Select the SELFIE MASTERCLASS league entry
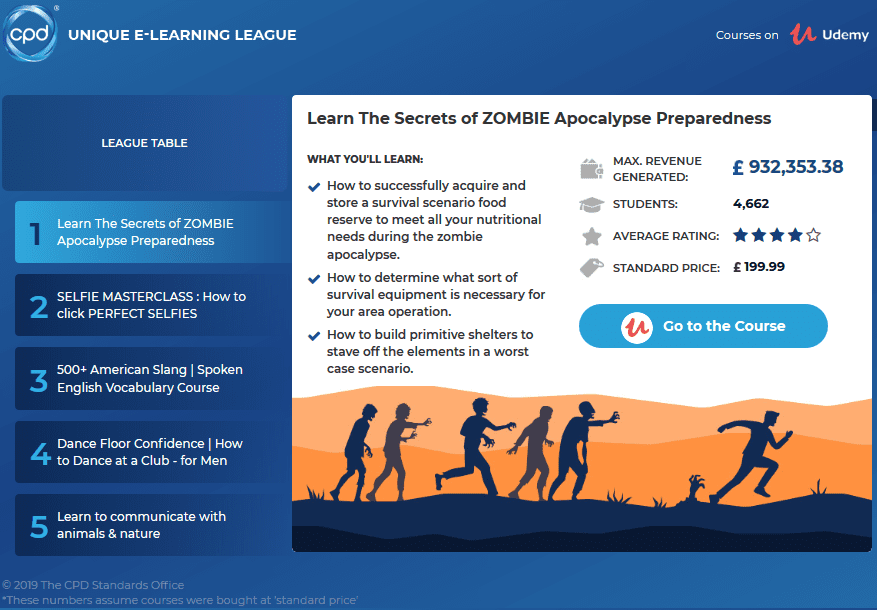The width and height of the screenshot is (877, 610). click(x=152, y=305)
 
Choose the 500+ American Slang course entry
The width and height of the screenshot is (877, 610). click(x=152, y=378)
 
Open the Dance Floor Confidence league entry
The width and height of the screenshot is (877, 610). click(x=152, y=452)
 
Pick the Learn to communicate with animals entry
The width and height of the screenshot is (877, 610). click(x=152, y=525)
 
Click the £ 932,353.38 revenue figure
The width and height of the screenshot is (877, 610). click(x=788, y=167)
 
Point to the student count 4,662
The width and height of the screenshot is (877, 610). click(x=751, y=204)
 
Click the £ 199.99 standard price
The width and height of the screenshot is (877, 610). click(x=759, y=268)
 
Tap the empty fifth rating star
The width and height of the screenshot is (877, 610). click(x=814, y=236)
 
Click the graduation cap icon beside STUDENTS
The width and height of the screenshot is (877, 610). click(x=591, y=204)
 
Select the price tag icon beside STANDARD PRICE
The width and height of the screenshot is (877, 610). click(x=591, y=268)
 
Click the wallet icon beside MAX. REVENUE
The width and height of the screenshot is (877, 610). click(x=591, y=168)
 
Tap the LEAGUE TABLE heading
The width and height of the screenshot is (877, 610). click(x=144, y=143)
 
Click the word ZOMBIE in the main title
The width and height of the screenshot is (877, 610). click(x=520, y=118)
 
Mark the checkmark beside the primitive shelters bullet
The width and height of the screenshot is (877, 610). click(x=314, y=336)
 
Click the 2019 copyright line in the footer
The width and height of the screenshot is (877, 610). click(x=93, y=585)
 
